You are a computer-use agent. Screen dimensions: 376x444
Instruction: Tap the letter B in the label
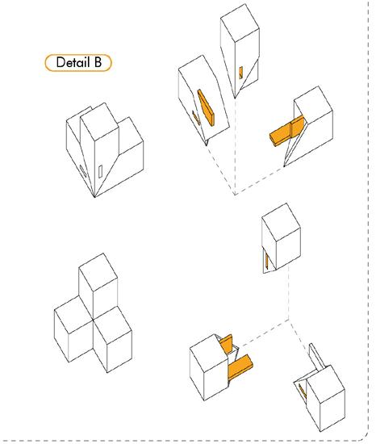pyautogui.click(x=98, y=62)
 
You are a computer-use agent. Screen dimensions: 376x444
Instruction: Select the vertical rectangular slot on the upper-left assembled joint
pyautogui.click(x=100, y=172)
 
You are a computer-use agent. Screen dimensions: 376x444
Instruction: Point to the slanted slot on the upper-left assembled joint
pyautogui.click(x=82, y=171)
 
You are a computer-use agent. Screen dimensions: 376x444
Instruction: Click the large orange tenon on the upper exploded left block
pyautogui.click(x=206, y=107)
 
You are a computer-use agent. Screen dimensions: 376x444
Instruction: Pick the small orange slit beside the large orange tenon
pyautogui.click(x=196, y=118)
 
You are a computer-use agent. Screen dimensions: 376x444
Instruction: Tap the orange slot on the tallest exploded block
pyautogui.click(x=240, y=73)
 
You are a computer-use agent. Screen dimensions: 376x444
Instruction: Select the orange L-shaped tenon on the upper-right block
pyautogui.click(x=287, y=131)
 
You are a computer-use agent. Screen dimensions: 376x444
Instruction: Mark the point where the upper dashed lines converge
pyautogui.click(x=235, y=195)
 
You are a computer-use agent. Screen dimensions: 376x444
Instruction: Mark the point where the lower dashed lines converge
pyautogui.click(x=289, y=320)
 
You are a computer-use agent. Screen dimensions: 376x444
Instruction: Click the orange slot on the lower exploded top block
pyautogui.click(x=267, y=261)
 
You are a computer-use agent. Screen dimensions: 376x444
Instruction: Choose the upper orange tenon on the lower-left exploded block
pyautogui.click(x=227, y=344)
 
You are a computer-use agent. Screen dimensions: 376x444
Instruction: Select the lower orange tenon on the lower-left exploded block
pyautogui.click(x=240, y=367)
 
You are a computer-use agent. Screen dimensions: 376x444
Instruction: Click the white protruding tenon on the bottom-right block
pyautogui.click(x=317, y=357)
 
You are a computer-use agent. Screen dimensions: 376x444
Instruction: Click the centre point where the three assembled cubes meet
pyautogui.click(x=93, y=320)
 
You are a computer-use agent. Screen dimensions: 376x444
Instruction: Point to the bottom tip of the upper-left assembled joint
pyautogui.click(x=94, y=196)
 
